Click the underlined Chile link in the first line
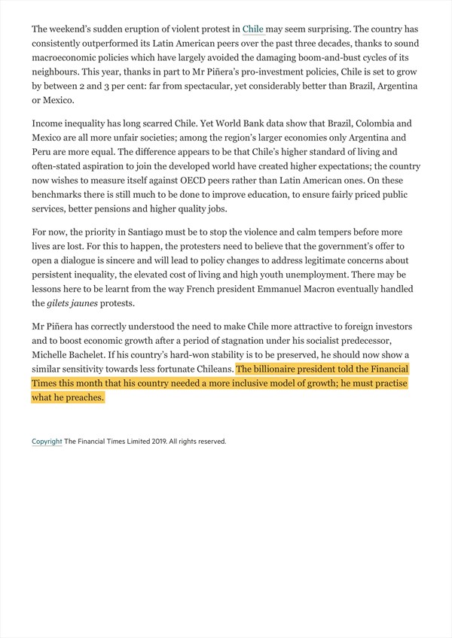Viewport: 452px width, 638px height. click(x=253, y=29)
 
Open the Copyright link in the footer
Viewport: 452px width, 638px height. click(x=47, y=442)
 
